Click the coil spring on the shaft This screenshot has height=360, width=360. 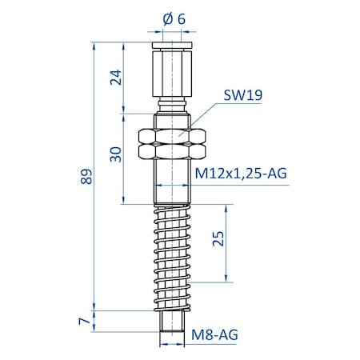(173, 256)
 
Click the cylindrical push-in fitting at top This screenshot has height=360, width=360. (173, 72)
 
